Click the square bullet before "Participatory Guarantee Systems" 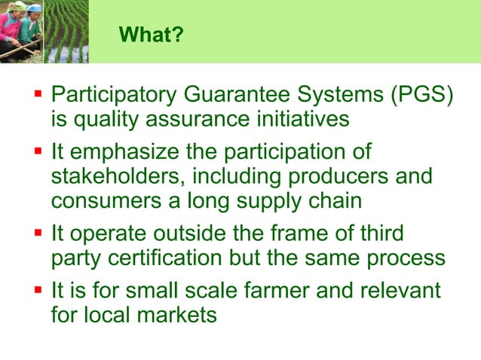point(38,96)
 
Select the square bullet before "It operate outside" point(38,233)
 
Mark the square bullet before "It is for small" point(38,290)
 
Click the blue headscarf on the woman point(34,8)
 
